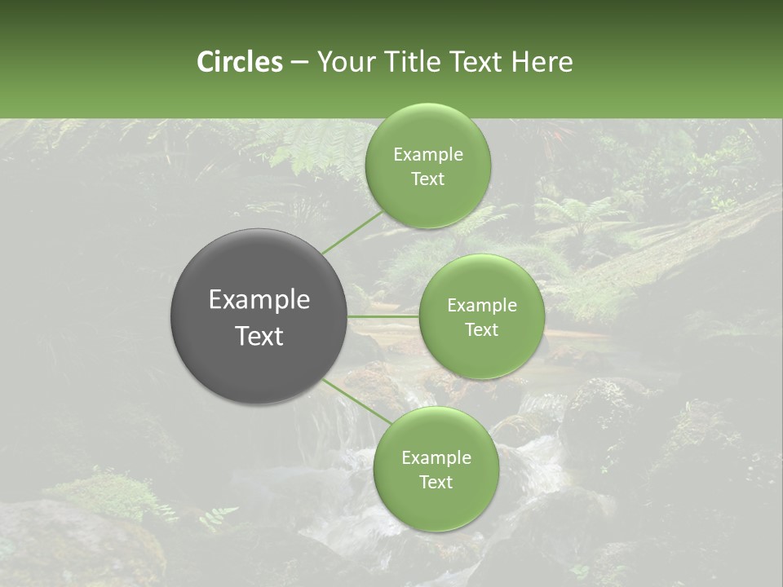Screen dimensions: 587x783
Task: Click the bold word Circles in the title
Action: click(x=239, y=62)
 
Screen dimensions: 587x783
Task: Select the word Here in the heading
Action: click(x=542, y=62)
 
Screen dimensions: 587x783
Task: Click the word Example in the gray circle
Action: click(x=259, y=300)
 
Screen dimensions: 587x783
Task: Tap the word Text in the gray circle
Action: click(x=259, y=336)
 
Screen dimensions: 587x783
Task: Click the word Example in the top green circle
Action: click(x=427, y=155)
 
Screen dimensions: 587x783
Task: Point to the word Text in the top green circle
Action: click(x=427, y=179)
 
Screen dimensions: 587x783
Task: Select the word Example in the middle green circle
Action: click(x=482, y=306)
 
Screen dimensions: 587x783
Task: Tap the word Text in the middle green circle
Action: click(x=482, y=330)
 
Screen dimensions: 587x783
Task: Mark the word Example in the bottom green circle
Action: click(x=436, y=458)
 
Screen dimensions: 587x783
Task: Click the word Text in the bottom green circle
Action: click(x=436, y=483)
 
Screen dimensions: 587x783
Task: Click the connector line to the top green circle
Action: click(x=352, y=232)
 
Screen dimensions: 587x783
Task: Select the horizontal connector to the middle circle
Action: click(x=383, y=316)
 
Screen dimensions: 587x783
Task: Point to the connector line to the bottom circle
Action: click(x=357, y=400)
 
